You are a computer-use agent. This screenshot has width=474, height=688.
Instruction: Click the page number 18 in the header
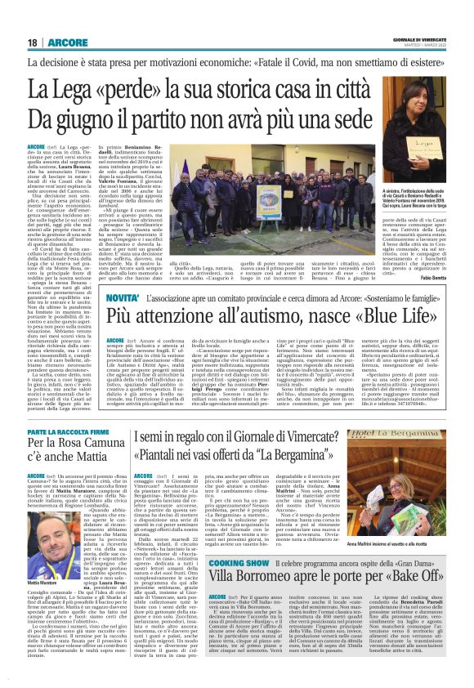[x=33, y=42]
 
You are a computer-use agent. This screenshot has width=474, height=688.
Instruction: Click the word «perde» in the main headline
[x=121, y=88]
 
